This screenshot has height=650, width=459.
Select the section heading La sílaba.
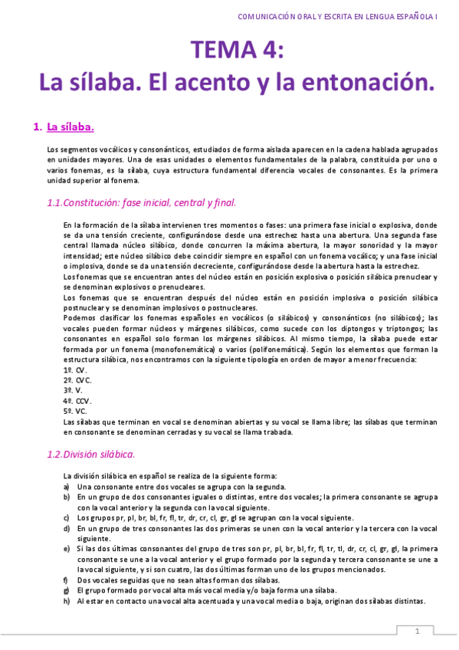coord(70,126)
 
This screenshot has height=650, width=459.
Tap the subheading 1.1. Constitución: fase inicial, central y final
coord(141,203)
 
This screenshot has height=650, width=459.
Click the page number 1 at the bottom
coord(417,631)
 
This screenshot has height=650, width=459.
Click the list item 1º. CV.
coord(75,369)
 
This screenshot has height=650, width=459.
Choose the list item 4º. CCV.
coord(77,400)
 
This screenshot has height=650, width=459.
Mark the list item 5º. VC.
coord(75,411)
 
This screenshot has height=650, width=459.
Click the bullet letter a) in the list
coord(67,486)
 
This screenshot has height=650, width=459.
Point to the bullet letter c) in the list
coord(67,517)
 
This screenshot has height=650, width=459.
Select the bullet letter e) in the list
coord(67,549)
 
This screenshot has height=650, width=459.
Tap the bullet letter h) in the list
coord(67,602)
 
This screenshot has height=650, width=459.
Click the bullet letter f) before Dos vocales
coord(67,580)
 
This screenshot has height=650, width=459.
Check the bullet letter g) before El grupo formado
coord(67,591)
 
